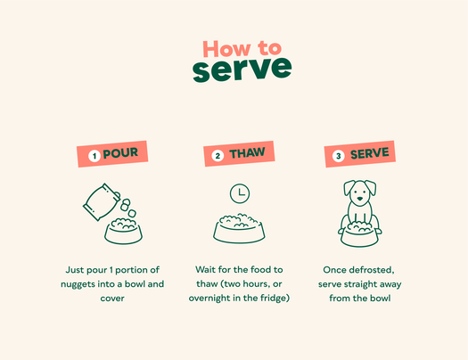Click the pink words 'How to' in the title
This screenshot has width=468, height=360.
coord(242,49)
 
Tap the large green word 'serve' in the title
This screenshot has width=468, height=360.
coord(242,69)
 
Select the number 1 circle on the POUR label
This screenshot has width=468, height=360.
coord(94,156)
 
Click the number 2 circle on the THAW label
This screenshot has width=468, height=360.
coord(218,156)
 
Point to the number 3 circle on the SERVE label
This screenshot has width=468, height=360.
coord(339,156)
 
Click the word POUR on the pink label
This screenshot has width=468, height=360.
coord(120,153)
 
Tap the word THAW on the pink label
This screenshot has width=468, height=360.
coord(247,153)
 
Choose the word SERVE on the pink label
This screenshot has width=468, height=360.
coord(370,153)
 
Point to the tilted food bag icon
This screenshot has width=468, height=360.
coord(101,201)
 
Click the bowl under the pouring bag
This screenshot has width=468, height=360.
coord(123,231)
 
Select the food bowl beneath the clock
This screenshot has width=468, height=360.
coord(239,228)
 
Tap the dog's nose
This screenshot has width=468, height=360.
coord(360,199)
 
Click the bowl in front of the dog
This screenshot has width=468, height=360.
coord(359,234)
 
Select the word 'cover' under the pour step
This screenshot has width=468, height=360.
coord(112,299)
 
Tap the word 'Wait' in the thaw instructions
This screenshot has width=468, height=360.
coord(205,270)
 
